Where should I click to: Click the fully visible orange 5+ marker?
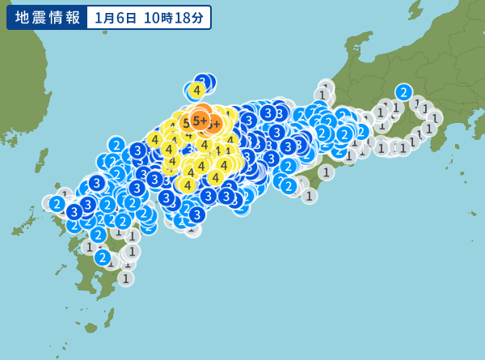coord(199,121)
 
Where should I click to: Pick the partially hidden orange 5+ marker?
coord(214,124)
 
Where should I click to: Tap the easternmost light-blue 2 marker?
coord(403,92)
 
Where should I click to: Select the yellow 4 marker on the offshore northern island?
coord(196,91)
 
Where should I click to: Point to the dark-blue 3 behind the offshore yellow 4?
coord(205,82)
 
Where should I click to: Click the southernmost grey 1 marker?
coord(125,278)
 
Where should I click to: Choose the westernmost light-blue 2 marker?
coord(57,203)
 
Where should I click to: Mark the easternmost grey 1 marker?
coord(434,118)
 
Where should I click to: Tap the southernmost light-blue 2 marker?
coord(103,257)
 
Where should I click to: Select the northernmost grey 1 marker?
coord(326,87)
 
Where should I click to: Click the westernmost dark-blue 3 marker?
coord(74,212)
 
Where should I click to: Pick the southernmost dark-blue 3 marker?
coord(196,214)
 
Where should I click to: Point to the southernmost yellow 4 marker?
coord(188,185)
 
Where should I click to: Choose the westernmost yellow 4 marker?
coord(154,139)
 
